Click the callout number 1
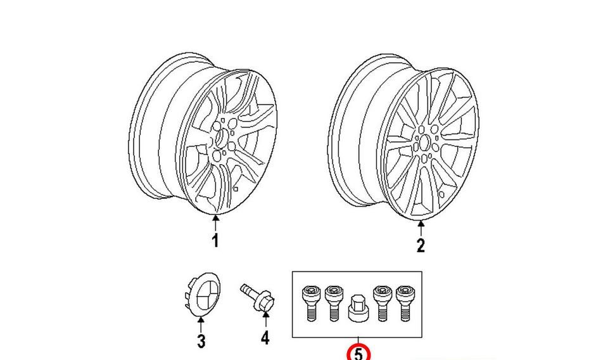[x=215, y=241]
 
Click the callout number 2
[x=421, y=245]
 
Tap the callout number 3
[x=201, y=341]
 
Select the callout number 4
[x=265, y=338]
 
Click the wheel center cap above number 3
[x=203, y=295]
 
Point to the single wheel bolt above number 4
[x=257, y=298]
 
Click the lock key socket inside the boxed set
[x=358, y=308]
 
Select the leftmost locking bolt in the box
[x=310, y=304]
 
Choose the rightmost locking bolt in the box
[x=404, y=304]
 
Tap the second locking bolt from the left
[x=333, y=304]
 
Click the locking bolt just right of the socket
[x=382, y=304]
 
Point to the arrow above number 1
[x=215, y=222]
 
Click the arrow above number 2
[x=421, y=228]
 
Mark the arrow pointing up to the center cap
[x=201, y=325]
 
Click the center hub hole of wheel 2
[x=424, y=143]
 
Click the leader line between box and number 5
[x=358, y=341]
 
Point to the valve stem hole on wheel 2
[x=441, y=194]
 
